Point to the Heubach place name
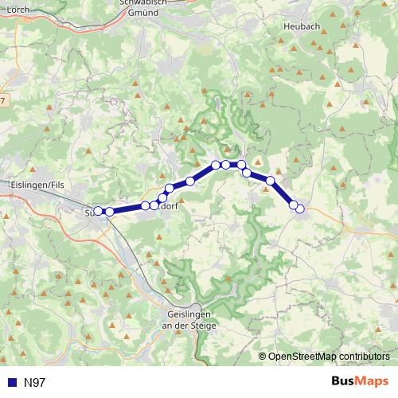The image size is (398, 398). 301,26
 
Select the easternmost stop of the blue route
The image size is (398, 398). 300,209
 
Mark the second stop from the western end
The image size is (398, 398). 109,212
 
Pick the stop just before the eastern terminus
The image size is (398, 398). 293,205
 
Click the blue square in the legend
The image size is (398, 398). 10,382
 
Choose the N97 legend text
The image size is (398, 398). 35,382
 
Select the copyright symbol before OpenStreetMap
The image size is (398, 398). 263,357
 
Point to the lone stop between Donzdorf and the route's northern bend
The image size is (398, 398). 191,181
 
